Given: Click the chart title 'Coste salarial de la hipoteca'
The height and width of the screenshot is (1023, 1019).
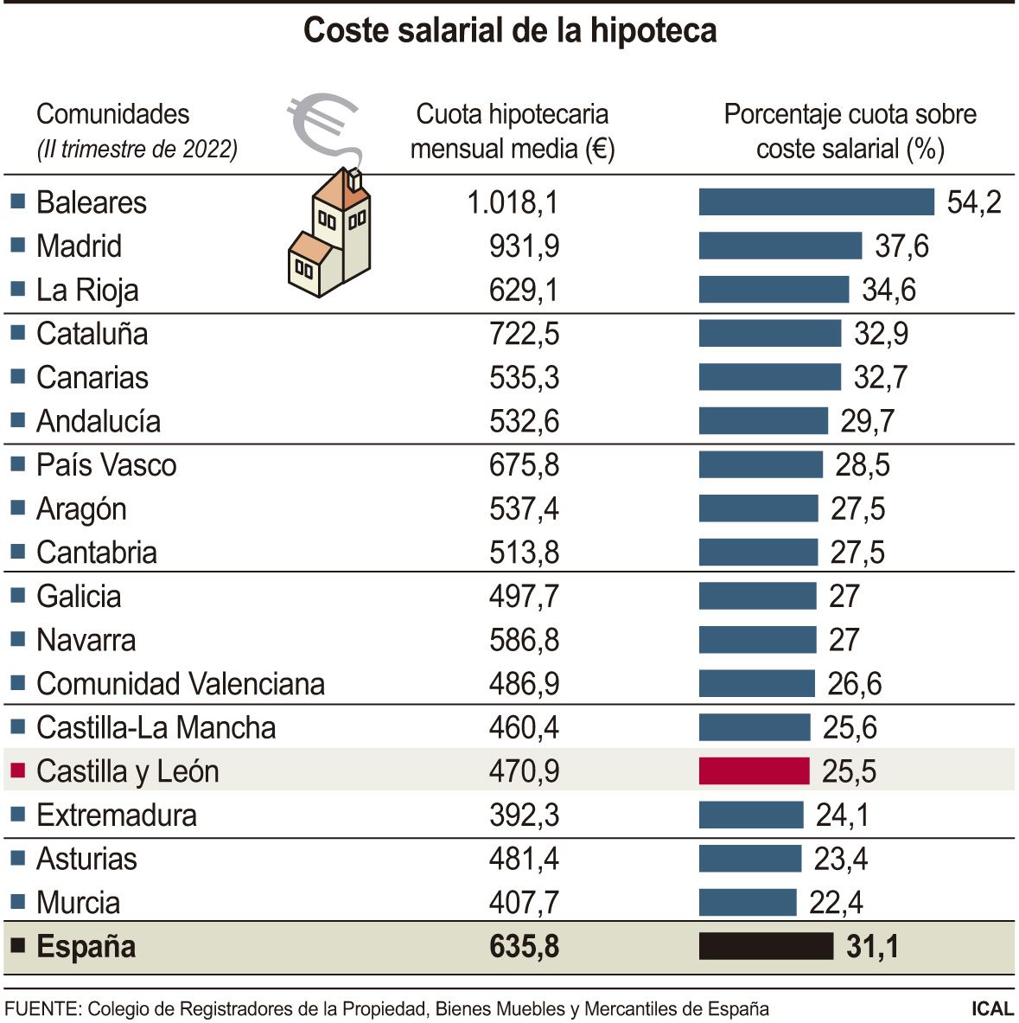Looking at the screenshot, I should tap(510, 31).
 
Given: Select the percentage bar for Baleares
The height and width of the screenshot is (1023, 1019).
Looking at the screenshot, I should tap(816, 202).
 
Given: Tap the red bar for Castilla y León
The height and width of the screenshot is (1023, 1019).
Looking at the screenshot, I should tap(754, 770).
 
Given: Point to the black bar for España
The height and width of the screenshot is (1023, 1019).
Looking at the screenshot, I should tap(766, 946).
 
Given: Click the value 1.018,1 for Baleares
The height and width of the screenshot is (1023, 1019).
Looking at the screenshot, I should tap(513, 202).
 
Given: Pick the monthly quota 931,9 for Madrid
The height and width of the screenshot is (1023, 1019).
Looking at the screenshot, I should tap(524, 246).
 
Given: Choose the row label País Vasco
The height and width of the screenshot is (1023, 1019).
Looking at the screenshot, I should tap(106, 465).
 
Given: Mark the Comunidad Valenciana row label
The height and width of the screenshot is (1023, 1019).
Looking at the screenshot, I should tap(181, 684).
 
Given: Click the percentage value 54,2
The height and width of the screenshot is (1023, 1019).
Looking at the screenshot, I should tap(974, 202).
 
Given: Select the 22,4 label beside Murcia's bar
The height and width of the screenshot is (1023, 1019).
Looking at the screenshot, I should tap(836, 903).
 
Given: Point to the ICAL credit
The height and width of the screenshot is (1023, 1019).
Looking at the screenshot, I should tap(991, 1008).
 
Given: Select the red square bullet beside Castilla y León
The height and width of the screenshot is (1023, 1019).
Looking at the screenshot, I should tap(17, 770).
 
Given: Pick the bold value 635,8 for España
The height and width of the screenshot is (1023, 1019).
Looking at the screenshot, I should tap(524, 946).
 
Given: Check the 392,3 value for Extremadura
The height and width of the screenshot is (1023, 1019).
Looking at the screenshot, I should tap(524, 815).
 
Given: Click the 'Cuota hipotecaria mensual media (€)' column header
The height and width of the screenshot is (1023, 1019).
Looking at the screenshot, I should tap(513, 131).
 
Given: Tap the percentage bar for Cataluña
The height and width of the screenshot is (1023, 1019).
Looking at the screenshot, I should tap(769, 334).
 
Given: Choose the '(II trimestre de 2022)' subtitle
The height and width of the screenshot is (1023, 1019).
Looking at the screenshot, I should tap(137, 150).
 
